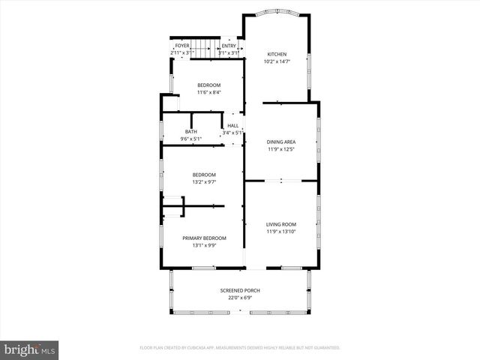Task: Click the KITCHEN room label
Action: click(x=276, y=55)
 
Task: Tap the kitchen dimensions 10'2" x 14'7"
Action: click(x=276, y=61)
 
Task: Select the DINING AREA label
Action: click(x=281, y=142)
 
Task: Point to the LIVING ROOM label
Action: click(x=281, y=224)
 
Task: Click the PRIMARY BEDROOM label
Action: click(x=204, y=238)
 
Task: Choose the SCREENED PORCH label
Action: click(x=240, y=290)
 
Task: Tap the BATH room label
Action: click(x=191, y=132)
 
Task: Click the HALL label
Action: click(x=232, y=126)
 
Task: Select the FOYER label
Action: click(x=182, y=46)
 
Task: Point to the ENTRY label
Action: click(x=229, y=46)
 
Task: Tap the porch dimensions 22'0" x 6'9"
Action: click(x=240, y=298)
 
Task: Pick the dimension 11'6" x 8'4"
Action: click(x=209, y=93)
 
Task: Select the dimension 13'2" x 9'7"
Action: click(x=204, y=182)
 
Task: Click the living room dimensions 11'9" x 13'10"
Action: click(x=281, y=232)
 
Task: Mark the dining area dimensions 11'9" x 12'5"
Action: click(x=281, y=149)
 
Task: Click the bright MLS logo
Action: click(x=30, y=349)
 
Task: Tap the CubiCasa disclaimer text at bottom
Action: click(x=240, y=348)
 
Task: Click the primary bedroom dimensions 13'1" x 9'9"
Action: click(x=204, y=245)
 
